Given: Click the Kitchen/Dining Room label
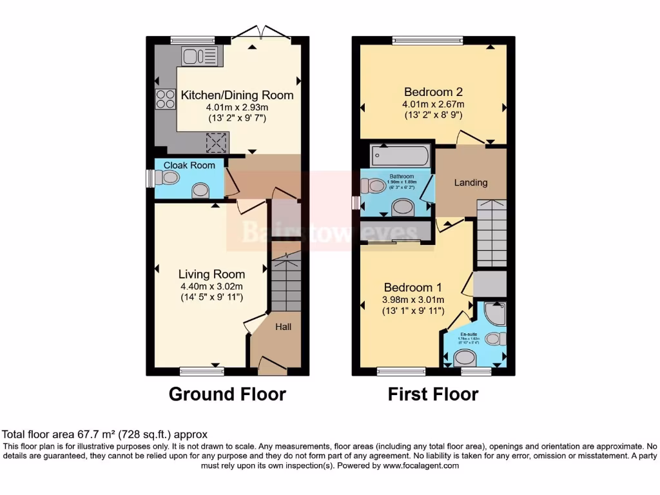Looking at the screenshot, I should coord(237,95).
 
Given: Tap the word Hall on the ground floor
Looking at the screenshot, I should coord(284,327).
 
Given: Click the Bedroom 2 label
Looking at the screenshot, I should coord(433,92).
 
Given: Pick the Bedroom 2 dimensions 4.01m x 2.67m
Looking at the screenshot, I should coord(433,104).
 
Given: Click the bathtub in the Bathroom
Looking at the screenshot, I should coord(400,156).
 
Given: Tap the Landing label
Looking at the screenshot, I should coord(471,182).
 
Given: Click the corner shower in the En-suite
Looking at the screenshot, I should coord(494,313).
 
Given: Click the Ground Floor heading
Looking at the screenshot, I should coord(227,394).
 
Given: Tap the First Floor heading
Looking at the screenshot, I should coord(433,394).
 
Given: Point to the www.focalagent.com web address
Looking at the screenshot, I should coord(420,465).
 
